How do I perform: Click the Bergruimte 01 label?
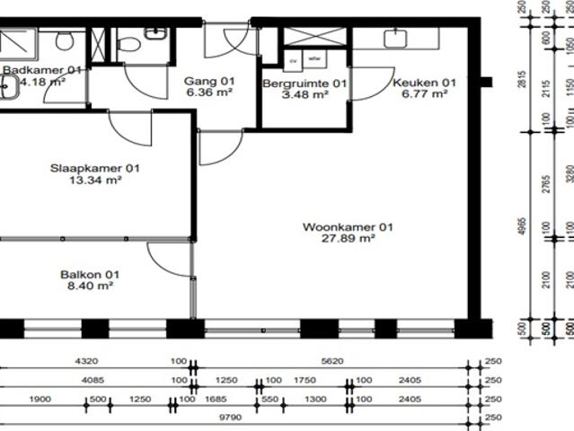(x=305, y=84)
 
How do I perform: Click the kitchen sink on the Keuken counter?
(x=394, y=38)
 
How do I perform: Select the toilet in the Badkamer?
(x=64, y=40)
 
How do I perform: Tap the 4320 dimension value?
(x=86, y=362)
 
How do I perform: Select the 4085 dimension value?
(x=86, y=380)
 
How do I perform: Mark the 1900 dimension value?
(x=40, y=398)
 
